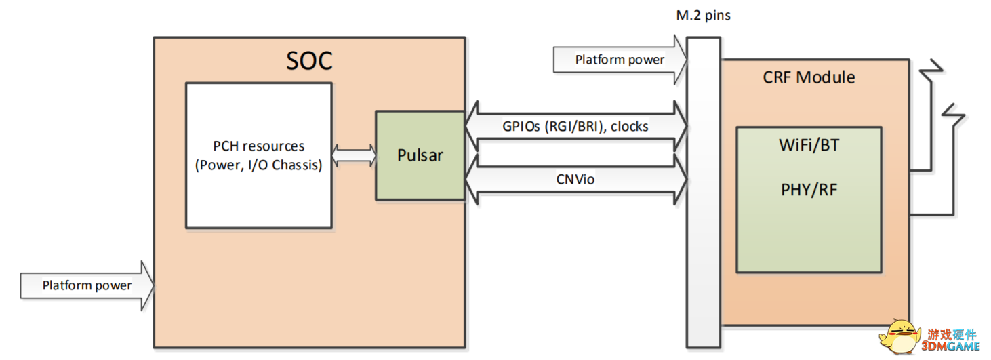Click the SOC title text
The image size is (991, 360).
[x=309, y=61]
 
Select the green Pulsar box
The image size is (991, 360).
[x=420, y=155]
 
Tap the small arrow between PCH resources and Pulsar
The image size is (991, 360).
[x=353, y=155]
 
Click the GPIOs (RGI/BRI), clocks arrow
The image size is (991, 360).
[x=576, y=126]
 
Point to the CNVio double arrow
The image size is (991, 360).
[x=576, y=180]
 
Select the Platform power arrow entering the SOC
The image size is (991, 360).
[x=87, y=285]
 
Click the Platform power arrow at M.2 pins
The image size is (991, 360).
[x=620, y=60]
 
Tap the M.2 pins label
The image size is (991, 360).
[x=702, y=15]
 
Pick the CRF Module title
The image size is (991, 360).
[x=809, y=77]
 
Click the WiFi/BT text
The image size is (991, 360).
[x=809, y=144]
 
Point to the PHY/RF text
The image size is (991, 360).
[x=809, y=189]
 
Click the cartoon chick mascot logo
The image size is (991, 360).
[x=899, y=336]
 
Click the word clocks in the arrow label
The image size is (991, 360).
[x=630, y=126]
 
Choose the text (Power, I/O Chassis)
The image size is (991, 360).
[x=258, y=165]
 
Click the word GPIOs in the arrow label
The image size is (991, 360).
[x=522, y=126]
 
